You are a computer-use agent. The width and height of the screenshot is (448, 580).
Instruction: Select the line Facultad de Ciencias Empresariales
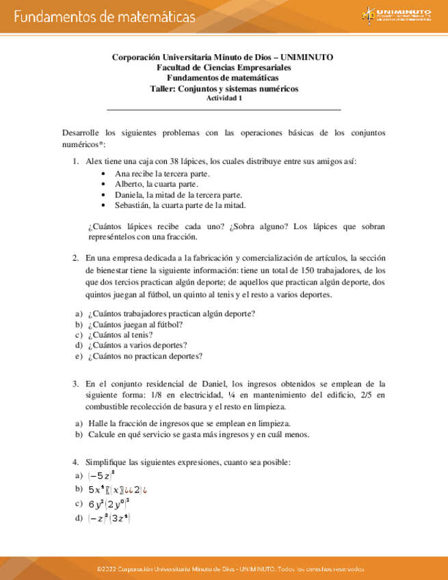224,68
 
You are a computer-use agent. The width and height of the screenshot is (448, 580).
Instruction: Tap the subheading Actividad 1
224,97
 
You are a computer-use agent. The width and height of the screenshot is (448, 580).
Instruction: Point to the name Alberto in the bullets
129,184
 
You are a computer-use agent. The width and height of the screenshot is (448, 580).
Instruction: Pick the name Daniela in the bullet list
130,194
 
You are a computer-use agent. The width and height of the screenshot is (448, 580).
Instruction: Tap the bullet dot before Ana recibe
103,174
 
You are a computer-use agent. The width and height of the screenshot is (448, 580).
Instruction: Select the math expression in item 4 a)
102,475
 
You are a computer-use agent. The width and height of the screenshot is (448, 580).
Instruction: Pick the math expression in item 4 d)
109,518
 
